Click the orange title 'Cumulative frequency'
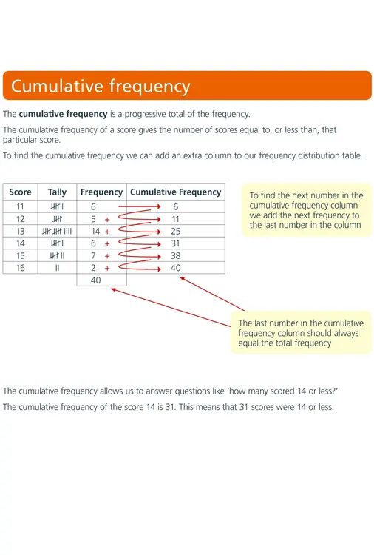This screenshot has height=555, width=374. (101, 86)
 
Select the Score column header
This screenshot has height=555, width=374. (20, 192)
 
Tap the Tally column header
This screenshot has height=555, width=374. (57, 192)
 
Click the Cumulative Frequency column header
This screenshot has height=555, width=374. (176, 192)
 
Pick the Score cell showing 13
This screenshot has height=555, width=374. (20, 231)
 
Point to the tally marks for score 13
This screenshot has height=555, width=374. (57, 231)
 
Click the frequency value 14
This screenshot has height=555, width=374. (95, 231)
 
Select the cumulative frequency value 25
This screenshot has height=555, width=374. (176, 231)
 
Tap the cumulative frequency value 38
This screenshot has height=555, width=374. (176, 255)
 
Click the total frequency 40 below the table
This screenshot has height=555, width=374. (96, 280)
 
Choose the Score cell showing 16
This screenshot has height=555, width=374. (20, 268)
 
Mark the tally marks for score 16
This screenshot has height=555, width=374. (57, 268)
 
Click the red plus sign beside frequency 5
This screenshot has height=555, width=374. (107, 220)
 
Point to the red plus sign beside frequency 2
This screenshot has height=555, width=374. (107, 269)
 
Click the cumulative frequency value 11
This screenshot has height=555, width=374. (176, 219)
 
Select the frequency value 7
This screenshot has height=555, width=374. (93, 255)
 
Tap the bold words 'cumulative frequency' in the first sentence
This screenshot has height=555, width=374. (63, 114)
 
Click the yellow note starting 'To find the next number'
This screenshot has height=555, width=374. (307, 210)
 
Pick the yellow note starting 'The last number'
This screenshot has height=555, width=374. (301, 333)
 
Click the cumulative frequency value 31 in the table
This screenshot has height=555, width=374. (176, 243)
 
